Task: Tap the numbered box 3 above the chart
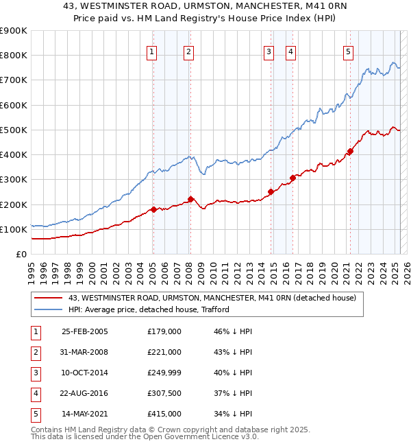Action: pos(269,51)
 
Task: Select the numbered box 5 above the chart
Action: pos(349,51)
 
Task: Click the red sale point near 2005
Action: pos(153,209)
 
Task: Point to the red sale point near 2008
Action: pos(191,199)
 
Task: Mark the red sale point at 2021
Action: pos(350,151)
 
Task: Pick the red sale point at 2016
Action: pos(292,178)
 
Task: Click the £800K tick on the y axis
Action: pos(14,56)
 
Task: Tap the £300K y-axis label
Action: pos(14,180)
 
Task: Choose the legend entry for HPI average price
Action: pos(149,309)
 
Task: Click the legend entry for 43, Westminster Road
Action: pos(212,298)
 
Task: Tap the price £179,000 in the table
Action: pos(164,331)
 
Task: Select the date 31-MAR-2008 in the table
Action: pos(85,352)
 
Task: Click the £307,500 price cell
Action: pos(164,393)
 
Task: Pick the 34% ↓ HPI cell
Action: pos(234,414)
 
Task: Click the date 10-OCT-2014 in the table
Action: pos(85,373)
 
